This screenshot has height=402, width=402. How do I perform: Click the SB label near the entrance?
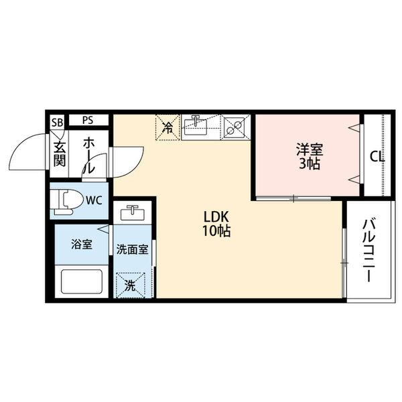pyautogui.click(x=58, y=121)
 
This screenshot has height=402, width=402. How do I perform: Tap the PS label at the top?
pyautogui.click(x=88, y=121)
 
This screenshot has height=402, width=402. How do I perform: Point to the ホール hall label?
pyautogui.click(x=88, y=155)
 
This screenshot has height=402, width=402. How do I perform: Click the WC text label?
pyautogui.click(x=94, y=199)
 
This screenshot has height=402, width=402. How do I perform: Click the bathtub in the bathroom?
pyautogui.click(x=81, y=280)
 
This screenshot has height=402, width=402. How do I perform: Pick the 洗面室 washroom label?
pyautogui.click(x=133, y=249)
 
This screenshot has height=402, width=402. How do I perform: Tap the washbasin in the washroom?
pyautogui.click(x=133, y=214)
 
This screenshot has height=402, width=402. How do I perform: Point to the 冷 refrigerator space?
pyautogui.click(x=168, y=125)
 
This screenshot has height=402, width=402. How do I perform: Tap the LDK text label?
pyautogui.click(x=218, y=217)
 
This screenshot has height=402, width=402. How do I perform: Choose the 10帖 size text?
pyautogui.click(x=218, y=232)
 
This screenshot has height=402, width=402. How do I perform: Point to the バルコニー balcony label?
pyautogui.click(x=369, y=249)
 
